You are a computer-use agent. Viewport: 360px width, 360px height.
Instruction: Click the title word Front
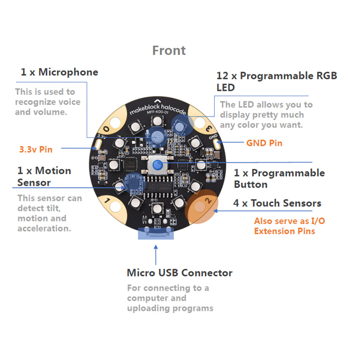(x=169, y=51)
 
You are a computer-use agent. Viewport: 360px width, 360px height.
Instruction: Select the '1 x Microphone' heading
(x=59, y=72)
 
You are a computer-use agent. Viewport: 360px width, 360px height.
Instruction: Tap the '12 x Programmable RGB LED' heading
(x=277, y=81)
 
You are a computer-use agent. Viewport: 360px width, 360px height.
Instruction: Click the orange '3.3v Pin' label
(x=36, y=149)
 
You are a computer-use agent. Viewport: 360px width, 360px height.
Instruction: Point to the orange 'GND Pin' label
(x=264, y=143)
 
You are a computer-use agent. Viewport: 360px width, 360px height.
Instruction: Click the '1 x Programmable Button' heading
(x=279, y=179)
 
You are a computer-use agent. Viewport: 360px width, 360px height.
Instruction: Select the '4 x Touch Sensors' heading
(x=277, y=203)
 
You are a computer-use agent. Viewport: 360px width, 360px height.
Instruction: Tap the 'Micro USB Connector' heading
(x=180, y=273)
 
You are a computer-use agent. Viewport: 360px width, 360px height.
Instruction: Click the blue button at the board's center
(x=157, y=164)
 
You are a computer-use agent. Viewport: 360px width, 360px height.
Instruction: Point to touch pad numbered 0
(x=107, y=127)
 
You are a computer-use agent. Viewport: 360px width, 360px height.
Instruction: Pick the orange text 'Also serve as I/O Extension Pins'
(x=289, y=226)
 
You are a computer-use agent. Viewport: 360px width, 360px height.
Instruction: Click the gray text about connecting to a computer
(x=170, y=298)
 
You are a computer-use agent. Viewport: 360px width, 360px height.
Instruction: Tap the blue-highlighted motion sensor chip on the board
(x=131, y=184)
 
